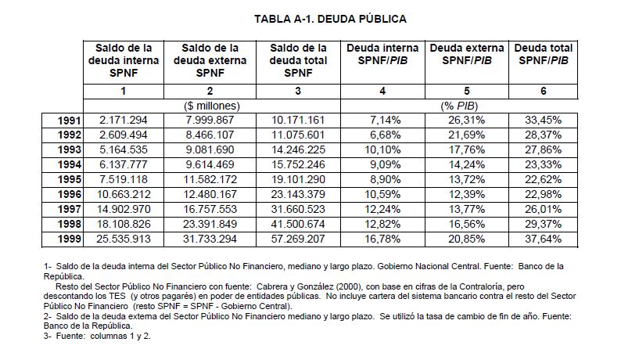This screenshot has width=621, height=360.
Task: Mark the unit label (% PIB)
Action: pyautogui.click(x=466, y=106)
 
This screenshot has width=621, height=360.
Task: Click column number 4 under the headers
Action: pyautogui.click(x=382, y=91)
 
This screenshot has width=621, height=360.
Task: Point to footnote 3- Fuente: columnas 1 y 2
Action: pyautogui.click(x=96, y=337)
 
